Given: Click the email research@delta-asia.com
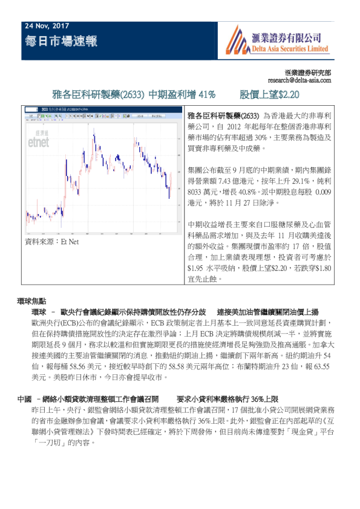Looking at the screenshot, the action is click(x=299, y=80).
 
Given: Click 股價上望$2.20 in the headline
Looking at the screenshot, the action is click(x=270, y=95).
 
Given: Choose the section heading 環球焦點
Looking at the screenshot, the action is click(x=32, y=300).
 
